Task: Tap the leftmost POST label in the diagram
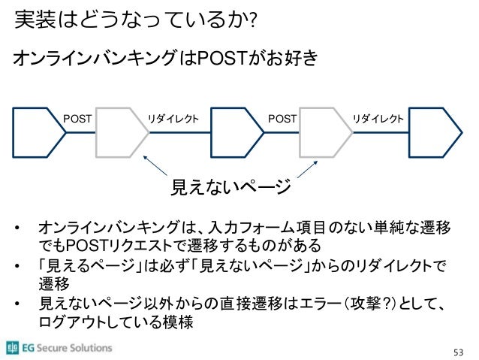coord(77,118)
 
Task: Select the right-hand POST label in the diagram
coord(282,118)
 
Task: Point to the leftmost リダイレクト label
coord(173,118)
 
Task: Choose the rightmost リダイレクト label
coord(379,118)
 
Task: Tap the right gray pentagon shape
coord(325,132)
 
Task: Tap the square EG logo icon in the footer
coord(13,347)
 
